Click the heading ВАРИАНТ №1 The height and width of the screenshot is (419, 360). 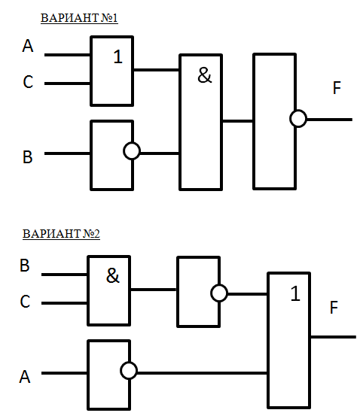tap(79, 18)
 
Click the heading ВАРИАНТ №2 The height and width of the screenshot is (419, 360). tap(61, 234)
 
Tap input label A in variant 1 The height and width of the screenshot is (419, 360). tap(28, 46)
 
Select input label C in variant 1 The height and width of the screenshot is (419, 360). tap(28, 82)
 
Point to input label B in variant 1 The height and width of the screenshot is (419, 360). tap(28, 157)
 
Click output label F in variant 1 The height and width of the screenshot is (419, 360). tap(337, 88)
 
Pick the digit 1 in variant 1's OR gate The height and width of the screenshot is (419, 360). tap(118, 56)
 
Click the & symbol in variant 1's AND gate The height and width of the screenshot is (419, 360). tap(205, 75)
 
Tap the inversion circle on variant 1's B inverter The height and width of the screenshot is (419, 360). tap(132, 151)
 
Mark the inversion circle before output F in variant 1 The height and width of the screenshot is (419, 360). tap(298, 118)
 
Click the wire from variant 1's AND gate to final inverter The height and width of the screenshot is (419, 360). tap(237, 121)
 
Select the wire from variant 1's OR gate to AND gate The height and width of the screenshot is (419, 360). tap(156, 70)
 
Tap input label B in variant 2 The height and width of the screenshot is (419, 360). tap(25, 266)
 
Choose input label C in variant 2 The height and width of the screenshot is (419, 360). tap(25, 302)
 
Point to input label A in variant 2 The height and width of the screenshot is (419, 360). tap(25, 377)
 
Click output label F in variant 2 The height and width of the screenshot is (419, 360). tap(334, 308)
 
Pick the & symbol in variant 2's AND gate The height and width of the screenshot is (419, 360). tap(113, 275)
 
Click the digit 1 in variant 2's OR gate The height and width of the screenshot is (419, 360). tap(295, 293)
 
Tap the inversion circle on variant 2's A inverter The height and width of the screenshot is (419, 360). tap(129, 371)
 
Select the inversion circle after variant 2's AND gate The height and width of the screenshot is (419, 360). tap(219, 293)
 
